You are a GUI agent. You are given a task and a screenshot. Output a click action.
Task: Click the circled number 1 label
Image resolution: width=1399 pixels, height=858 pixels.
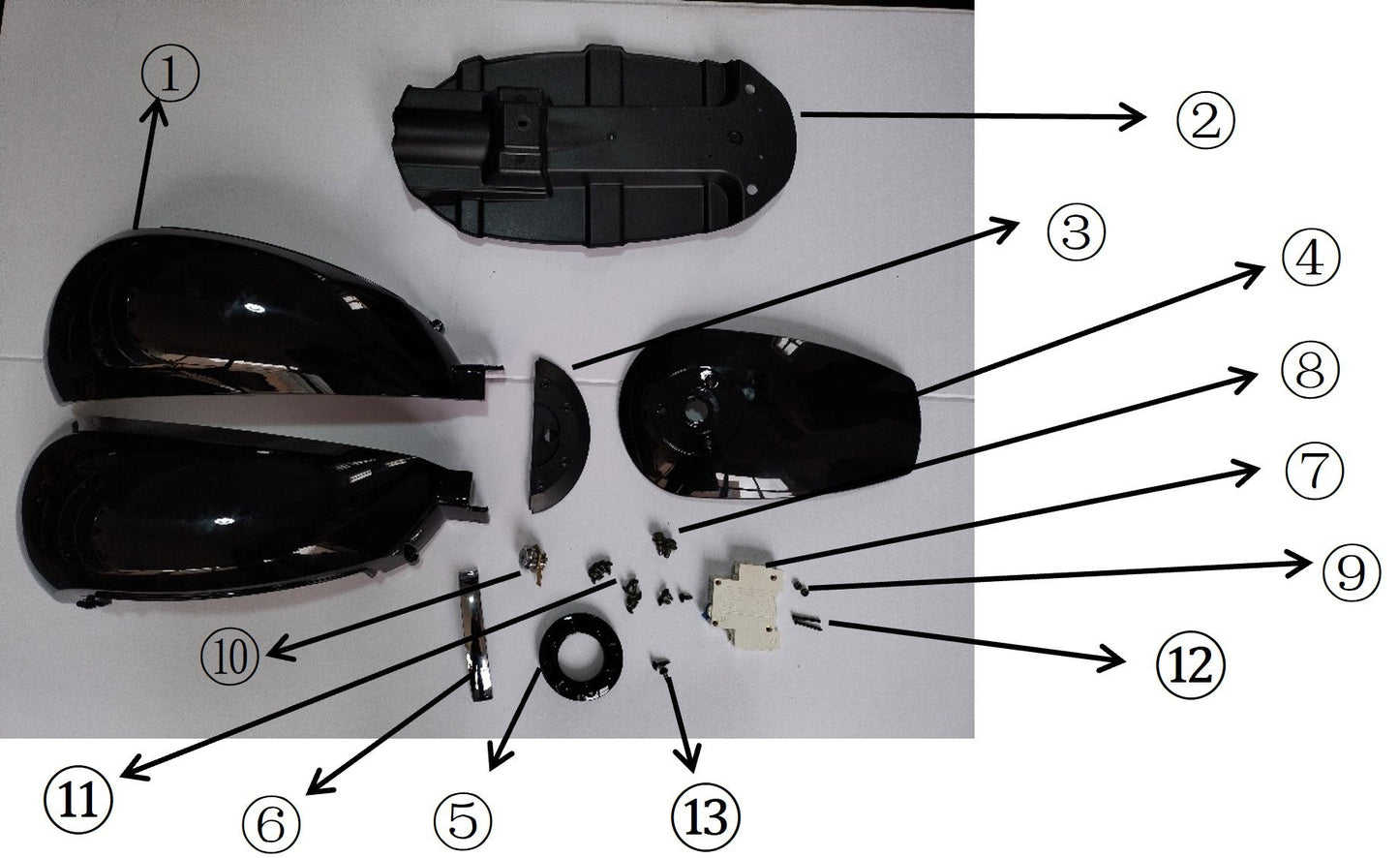[170, 77]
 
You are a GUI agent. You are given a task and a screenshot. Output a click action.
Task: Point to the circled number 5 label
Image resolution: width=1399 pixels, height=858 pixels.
[463, 818]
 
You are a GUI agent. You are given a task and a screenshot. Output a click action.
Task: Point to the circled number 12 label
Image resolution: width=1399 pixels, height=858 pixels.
[1190, 663]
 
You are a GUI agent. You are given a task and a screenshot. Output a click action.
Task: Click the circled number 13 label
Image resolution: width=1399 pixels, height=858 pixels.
[703, 815]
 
